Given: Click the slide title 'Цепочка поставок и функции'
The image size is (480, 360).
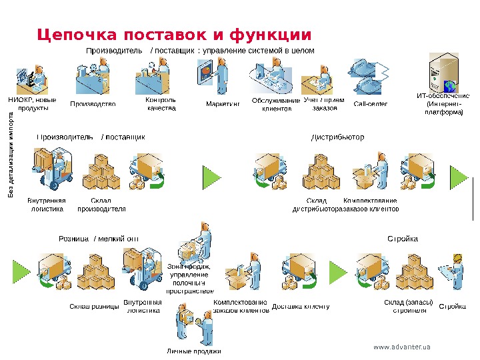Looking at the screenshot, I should pyautogui.click(x=174, y=34).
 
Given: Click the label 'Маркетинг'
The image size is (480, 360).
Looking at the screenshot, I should pyautogui.click(x=223, y=104).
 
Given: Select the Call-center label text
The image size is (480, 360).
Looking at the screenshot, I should pyautogui.click(x=371, y=104).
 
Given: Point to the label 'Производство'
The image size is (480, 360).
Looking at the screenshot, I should pyautogui.click(x=93, y=104).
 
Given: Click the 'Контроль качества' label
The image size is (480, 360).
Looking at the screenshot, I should pyautogui.click(x=161, y=104).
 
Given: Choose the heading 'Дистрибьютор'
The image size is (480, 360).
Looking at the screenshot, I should pyautogui.click(x=339, y=137).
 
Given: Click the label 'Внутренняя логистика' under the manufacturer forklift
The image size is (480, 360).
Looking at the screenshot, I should pyautogui.click(x=47, y=205).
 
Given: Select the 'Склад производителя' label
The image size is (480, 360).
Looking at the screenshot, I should pyautogui.click(x=102, y=205).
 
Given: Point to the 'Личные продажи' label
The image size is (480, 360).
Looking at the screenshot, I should pyautogui.click(x=193, y=351).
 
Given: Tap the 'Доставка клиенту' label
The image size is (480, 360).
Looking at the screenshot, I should pyautogui.click(x=301, y=307).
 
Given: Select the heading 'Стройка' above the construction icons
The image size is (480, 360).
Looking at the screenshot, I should pyautogui.click(x=403, y=239).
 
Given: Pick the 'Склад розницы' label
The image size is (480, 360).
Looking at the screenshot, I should pyautogui.click(x=94, y=307).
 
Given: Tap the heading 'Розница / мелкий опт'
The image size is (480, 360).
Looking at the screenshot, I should pyautogui.click(x=99, y=239).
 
